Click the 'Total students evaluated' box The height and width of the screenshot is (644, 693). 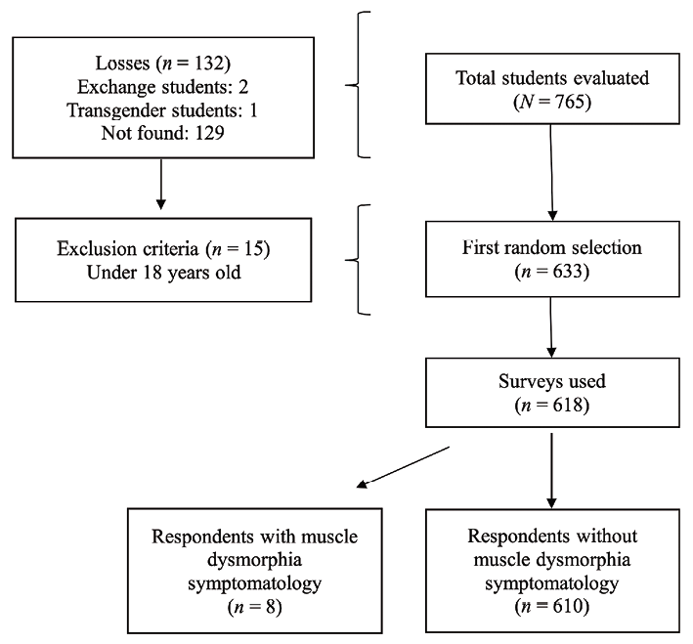(x=552, y=90)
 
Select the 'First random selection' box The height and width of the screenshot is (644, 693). (x=552, y=258)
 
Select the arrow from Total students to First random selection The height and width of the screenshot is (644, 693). (x=553, y=176)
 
